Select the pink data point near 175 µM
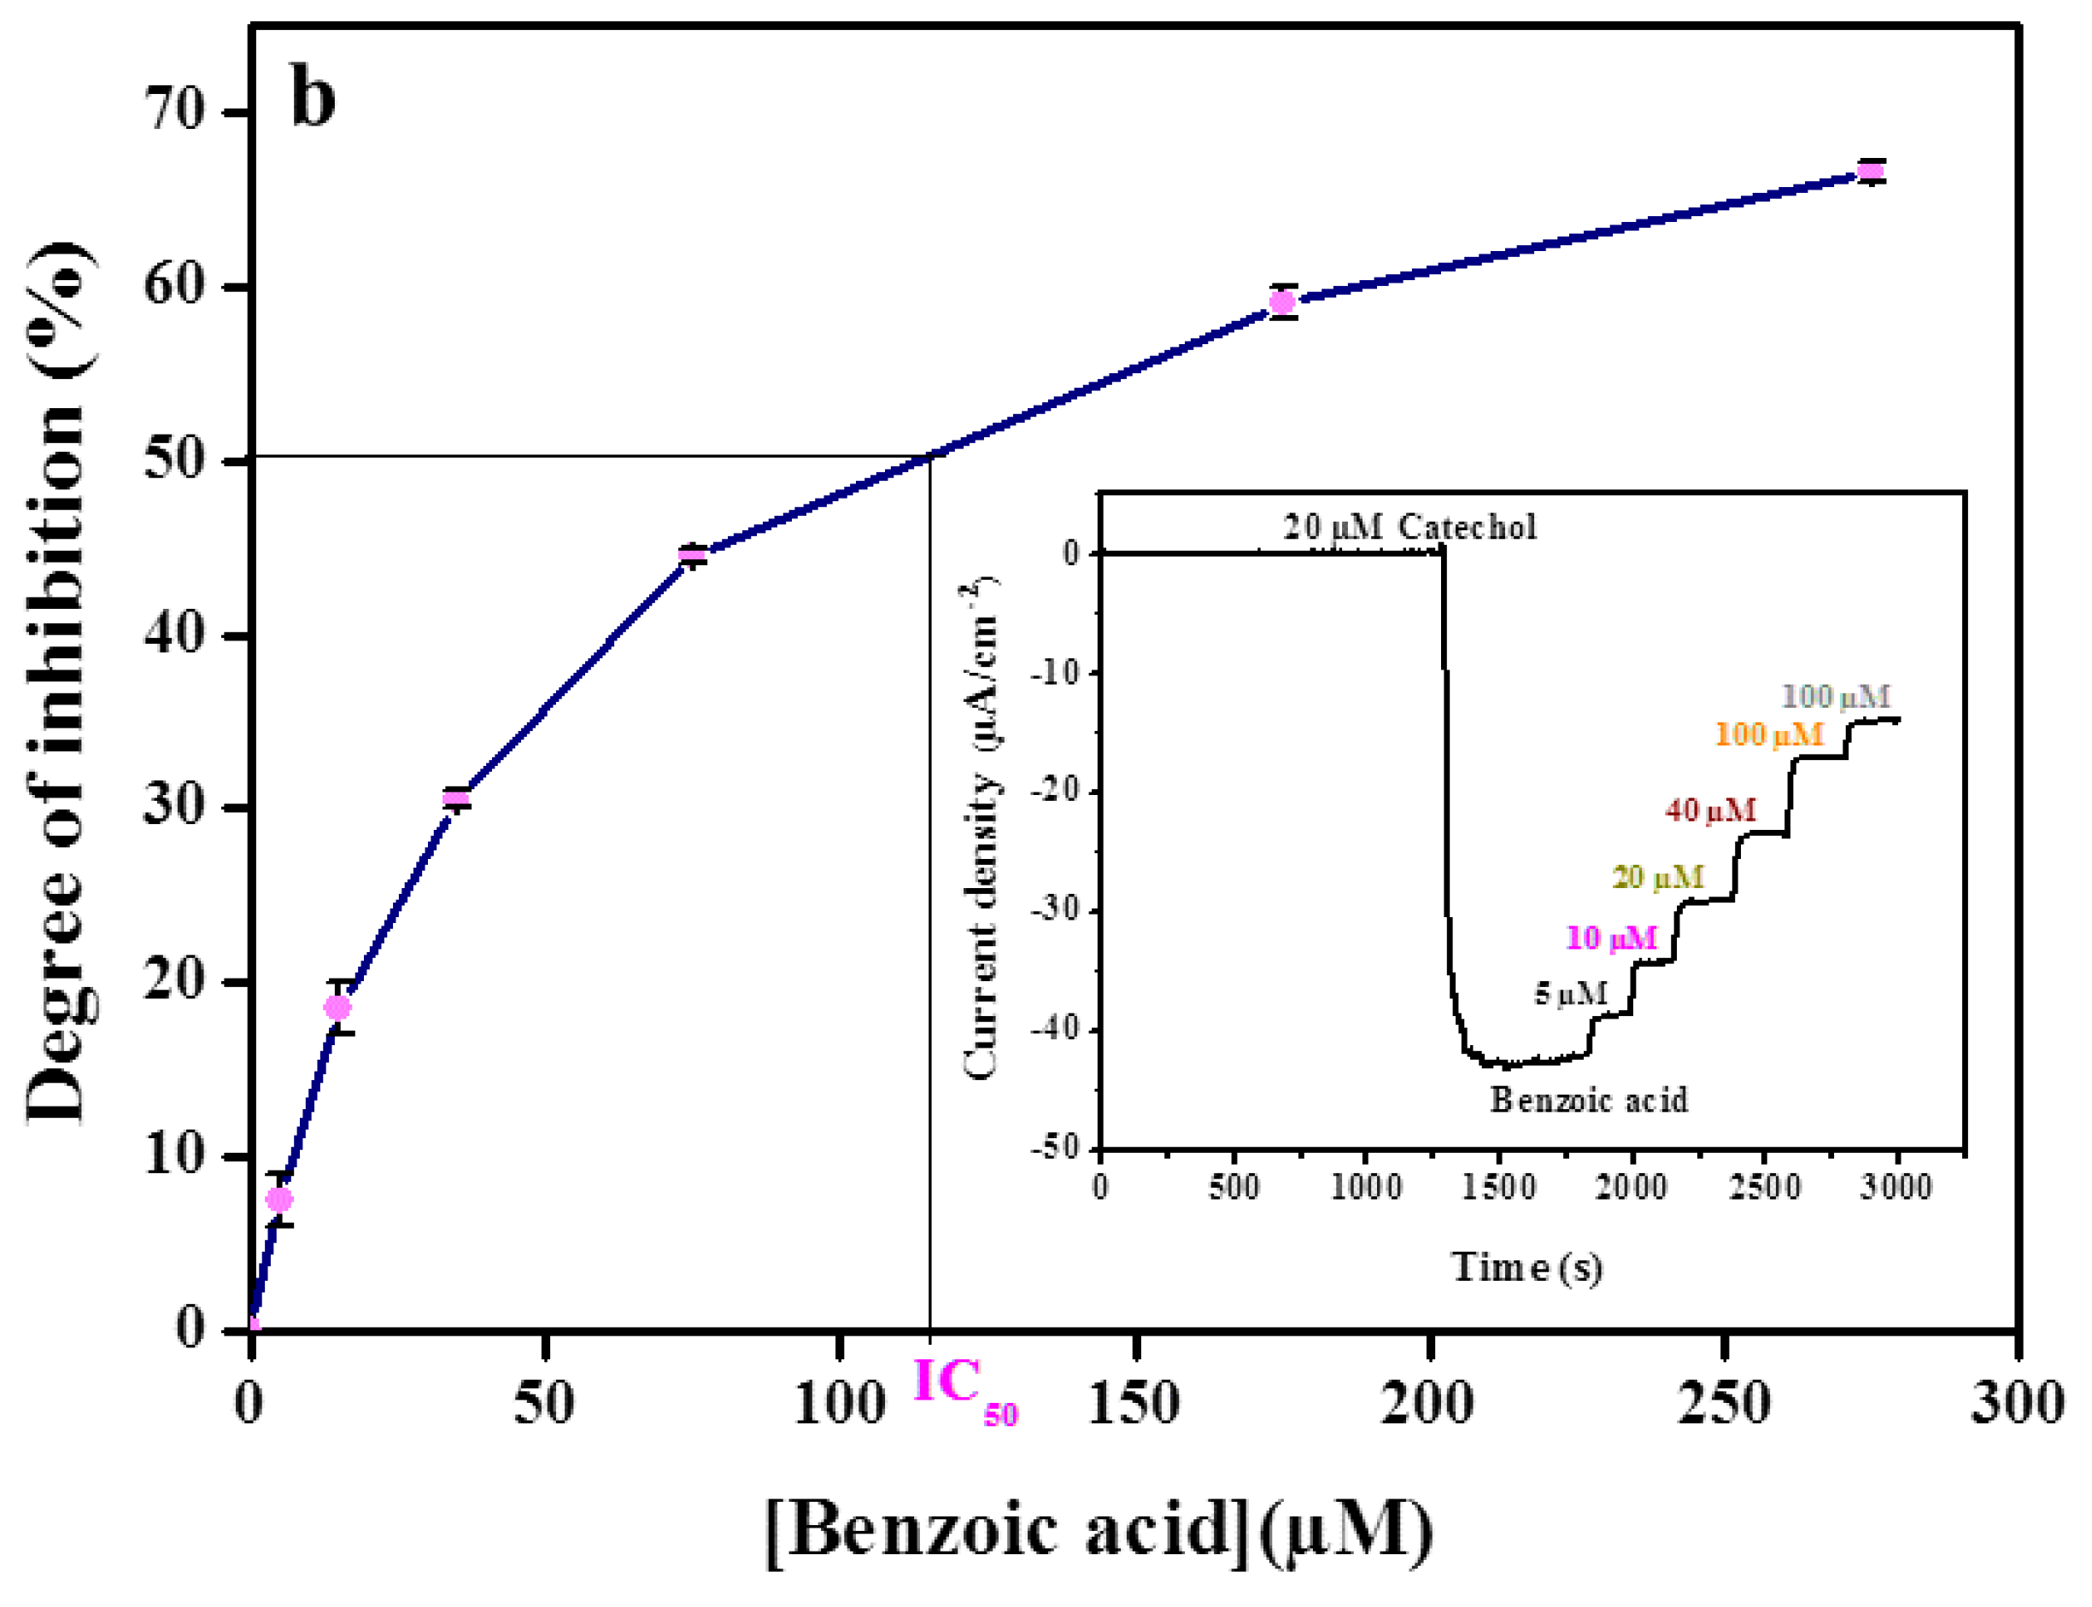pyautogui.click(x=1282, y=302)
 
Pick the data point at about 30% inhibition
pyautogui.click(x=456, y=798)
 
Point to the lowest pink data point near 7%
pyautogui.click(x=279, y=1200)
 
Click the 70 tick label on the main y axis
pyautogui.click(x=175, y=111)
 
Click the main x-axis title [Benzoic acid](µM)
pyautogui.click(x=1100, y=1530)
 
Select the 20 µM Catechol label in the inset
pyautogui.click(x=1409, y=527)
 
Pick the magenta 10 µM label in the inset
pyautogui.click(x=1610, y=938)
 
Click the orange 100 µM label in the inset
pyautogui.click(x=1768, y=734)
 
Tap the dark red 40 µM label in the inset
pyautogui.click(x=1710, y=811)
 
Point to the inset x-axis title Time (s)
pyautogui.click(x=1527, y=1267)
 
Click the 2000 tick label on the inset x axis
pyautogui.click(x=1632, y=1187)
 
